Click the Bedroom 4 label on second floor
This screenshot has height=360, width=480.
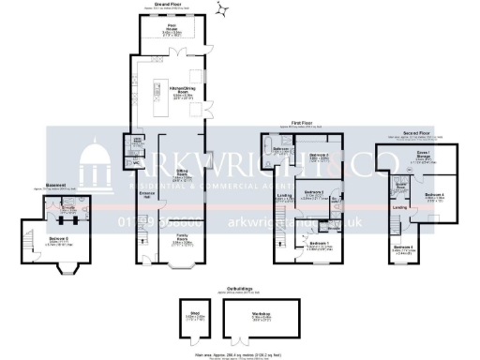[x=434, y=196]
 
